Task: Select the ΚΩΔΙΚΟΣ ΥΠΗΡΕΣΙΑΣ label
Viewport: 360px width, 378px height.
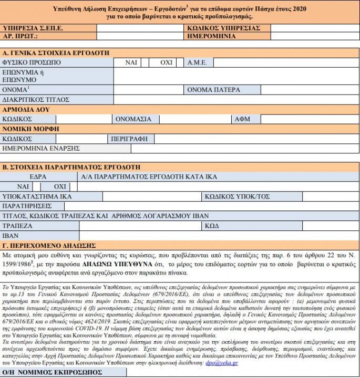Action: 223,28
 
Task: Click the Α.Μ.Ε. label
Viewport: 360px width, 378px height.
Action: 200,62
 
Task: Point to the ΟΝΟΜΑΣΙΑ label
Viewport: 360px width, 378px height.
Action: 133,119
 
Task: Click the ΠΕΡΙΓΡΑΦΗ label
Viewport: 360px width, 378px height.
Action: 131,139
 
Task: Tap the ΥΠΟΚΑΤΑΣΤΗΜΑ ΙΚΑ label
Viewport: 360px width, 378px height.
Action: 37,197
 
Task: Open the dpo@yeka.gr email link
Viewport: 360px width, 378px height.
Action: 222,362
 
